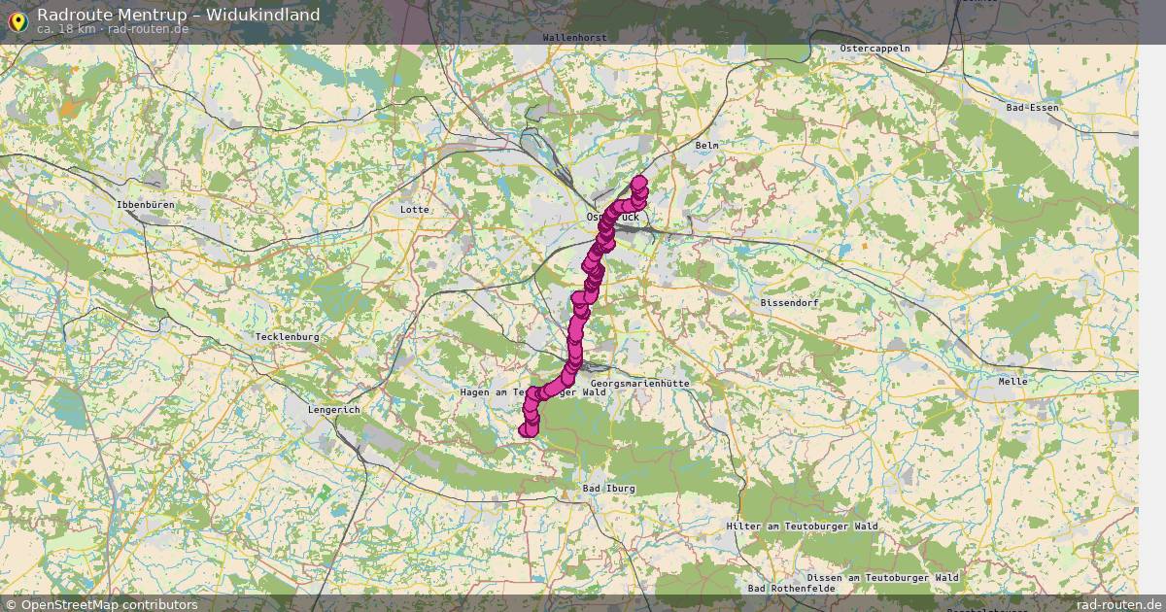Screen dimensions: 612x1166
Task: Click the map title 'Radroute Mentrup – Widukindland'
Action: pos(178,15)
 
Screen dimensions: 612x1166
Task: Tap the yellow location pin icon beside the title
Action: pos(17,19)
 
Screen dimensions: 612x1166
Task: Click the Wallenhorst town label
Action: pos(575,38)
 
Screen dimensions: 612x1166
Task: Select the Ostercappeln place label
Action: pos(874,48)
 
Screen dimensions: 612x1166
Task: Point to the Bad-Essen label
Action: pos(1033,108)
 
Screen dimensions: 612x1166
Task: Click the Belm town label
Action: pos(706,146)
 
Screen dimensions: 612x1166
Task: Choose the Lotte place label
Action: pos(414,210)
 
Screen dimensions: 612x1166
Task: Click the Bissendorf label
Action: pos(790,303)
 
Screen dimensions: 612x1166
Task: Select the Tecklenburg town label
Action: pos(287,337)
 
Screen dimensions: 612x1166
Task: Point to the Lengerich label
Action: pos(333,410)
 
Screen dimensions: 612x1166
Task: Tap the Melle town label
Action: pos(1012,382)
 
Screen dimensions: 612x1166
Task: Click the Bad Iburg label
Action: pos(608,488)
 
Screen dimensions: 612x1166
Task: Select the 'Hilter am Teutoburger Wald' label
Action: pos(802,527)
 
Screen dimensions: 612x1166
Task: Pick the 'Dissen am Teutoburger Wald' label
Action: pos(882,578)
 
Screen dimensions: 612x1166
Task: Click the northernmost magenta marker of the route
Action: pos(638,182)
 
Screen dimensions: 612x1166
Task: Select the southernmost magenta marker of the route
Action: pos(529,428)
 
